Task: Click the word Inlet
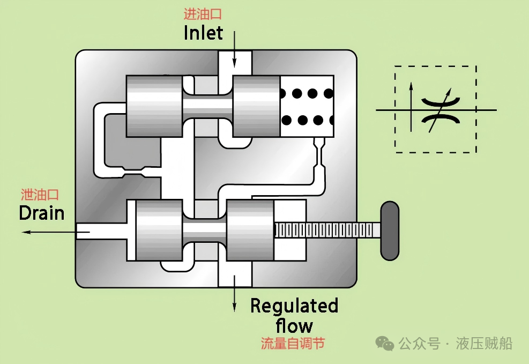point(203,33)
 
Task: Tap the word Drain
point(41,213)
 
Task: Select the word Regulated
point(294,306)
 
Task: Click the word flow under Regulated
point(294,325)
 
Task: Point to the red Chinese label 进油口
point(203,14)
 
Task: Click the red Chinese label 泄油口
point(40,195)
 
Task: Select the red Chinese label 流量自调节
point(293,343)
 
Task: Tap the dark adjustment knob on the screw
point(390,231)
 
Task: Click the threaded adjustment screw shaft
point(327,231)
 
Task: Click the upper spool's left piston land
point(154,106)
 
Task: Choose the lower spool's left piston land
point(159,231)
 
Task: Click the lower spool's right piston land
point(250,231)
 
